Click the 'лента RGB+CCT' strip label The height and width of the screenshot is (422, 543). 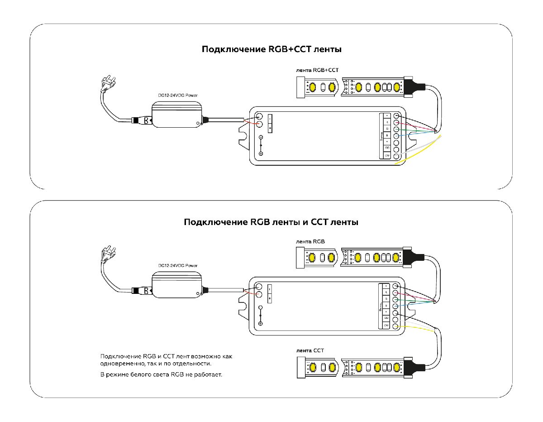[316, 70]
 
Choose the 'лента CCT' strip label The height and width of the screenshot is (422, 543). [310, 350]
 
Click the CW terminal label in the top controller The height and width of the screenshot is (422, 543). [387, 155]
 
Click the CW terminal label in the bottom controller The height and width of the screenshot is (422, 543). [386, 326]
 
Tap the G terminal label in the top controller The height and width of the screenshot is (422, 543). [387, 129]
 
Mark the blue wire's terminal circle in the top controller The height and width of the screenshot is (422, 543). [397, 136]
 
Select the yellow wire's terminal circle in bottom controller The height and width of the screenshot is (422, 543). [395, 326]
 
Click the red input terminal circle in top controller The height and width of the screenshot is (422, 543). [260, 125]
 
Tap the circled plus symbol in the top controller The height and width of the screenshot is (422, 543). [261, 154]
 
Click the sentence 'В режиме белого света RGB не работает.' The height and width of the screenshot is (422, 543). [162, 375]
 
